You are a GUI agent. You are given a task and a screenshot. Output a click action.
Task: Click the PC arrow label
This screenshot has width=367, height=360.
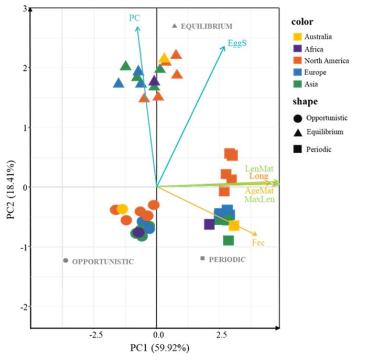click(x=135, y=18)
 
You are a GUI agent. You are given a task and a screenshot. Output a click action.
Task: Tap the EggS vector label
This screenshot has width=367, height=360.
click(x=237, y=44)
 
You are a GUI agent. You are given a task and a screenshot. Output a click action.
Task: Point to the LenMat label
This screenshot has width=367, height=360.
click(x=258, y=168)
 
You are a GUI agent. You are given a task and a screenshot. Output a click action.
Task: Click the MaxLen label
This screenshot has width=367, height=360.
click(x=258, y=199)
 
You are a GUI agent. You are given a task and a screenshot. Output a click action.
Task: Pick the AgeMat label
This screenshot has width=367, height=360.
click(x=258, y=192)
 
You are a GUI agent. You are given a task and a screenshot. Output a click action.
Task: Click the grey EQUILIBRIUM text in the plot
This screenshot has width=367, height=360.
click(x=206, y=26)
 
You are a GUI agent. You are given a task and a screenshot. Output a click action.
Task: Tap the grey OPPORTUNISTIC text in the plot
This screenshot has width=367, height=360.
click(x=103, y=261)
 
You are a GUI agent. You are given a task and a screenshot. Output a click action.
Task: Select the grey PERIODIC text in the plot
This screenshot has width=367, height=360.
click(x=226, y=259)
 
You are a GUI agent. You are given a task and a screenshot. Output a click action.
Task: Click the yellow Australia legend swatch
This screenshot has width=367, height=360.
click(x=297, y=37)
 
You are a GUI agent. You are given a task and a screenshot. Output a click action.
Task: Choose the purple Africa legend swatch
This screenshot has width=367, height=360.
click(x=297, y=48)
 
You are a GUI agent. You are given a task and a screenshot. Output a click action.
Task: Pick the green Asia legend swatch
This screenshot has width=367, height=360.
click(x=297, y=83)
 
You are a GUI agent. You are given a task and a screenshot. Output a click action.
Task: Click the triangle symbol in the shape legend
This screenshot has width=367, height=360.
click(x=298, y=131)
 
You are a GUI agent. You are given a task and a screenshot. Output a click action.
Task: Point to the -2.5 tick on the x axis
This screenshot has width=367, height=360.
click(x=95, y=335)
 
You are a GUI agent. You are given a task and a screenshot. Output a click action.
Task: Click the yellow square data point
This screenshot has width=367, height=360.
click(x=234, y=226)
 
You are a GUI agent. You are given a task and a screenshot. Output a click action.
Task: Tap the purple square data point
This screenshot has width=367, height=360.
click(x=209, y=224)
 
